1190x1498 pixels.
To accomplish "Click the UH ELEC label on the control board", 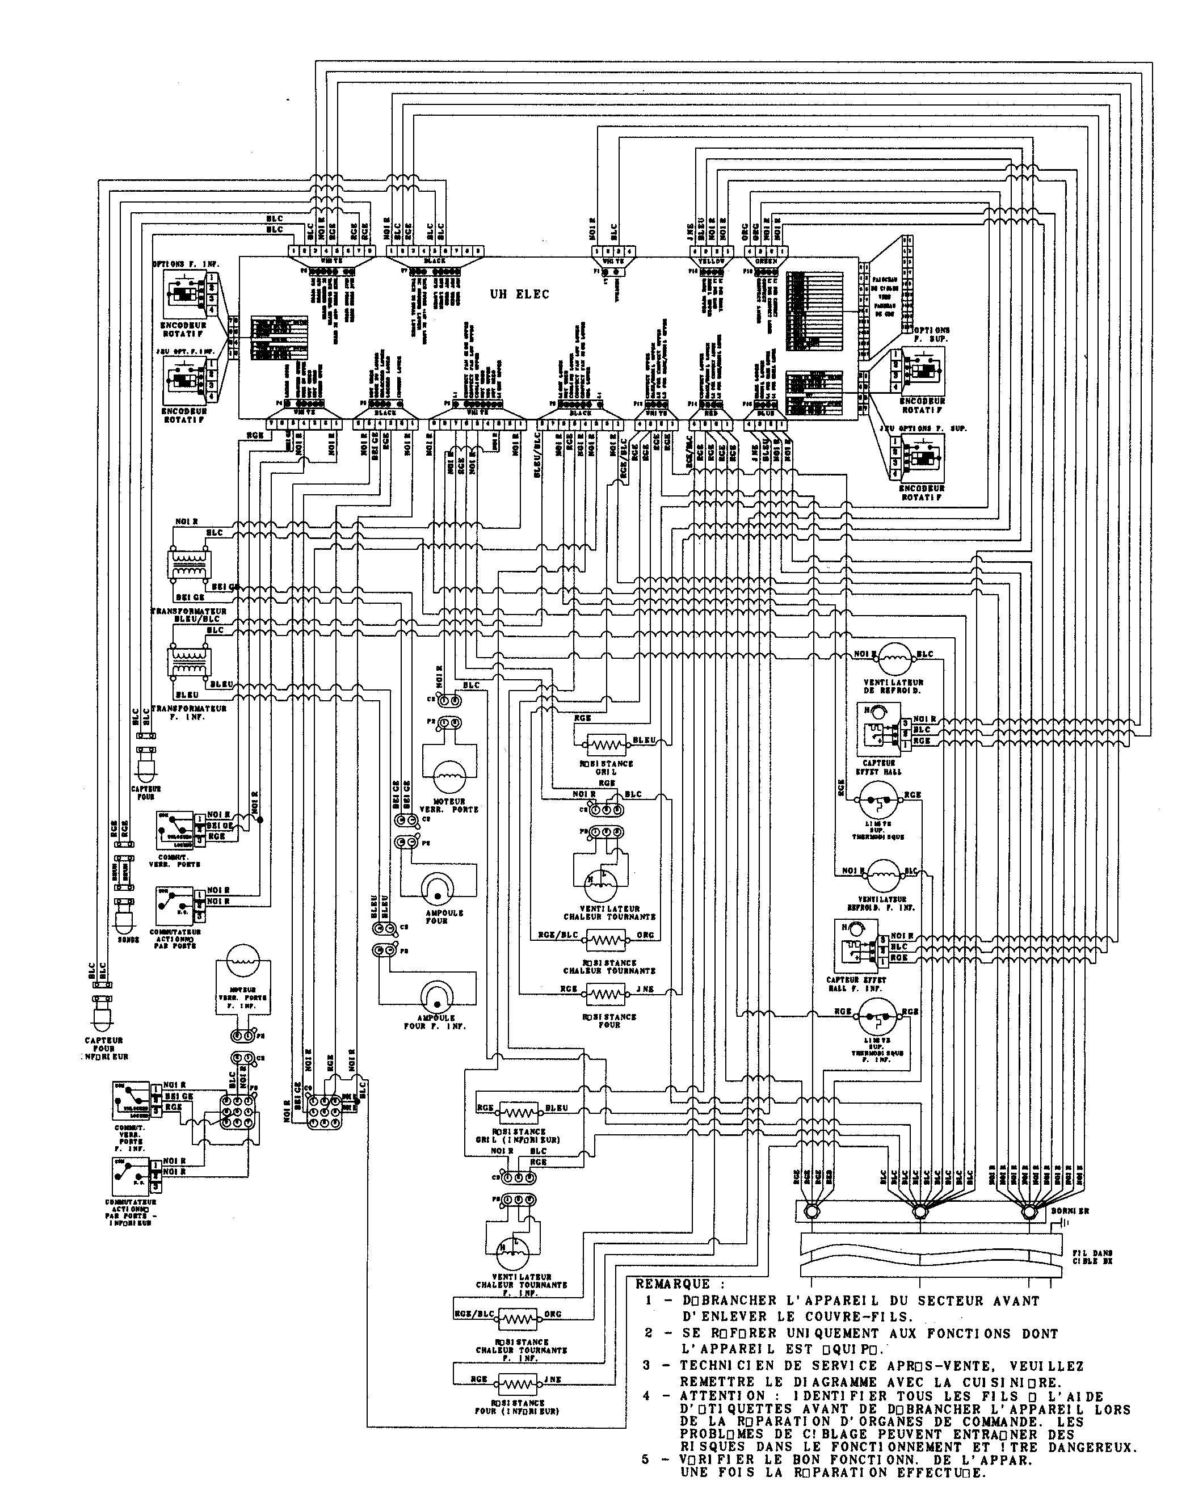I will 519,294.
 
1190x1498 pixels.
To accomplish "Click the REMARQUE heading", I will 672,1284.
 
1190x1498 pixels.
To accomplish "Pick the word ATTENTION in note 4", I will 716,1396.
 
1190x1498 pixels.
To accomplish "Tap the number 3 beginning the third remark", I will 646,1365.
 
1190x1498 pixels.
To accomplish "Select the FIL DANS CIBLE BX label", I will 1091,1257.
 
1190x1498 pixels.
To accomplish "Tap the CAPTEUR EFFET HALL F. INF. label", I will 856,984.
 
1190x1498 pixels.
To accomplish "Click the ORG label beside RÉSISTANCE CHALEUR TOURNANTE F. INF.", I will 552,1314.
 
